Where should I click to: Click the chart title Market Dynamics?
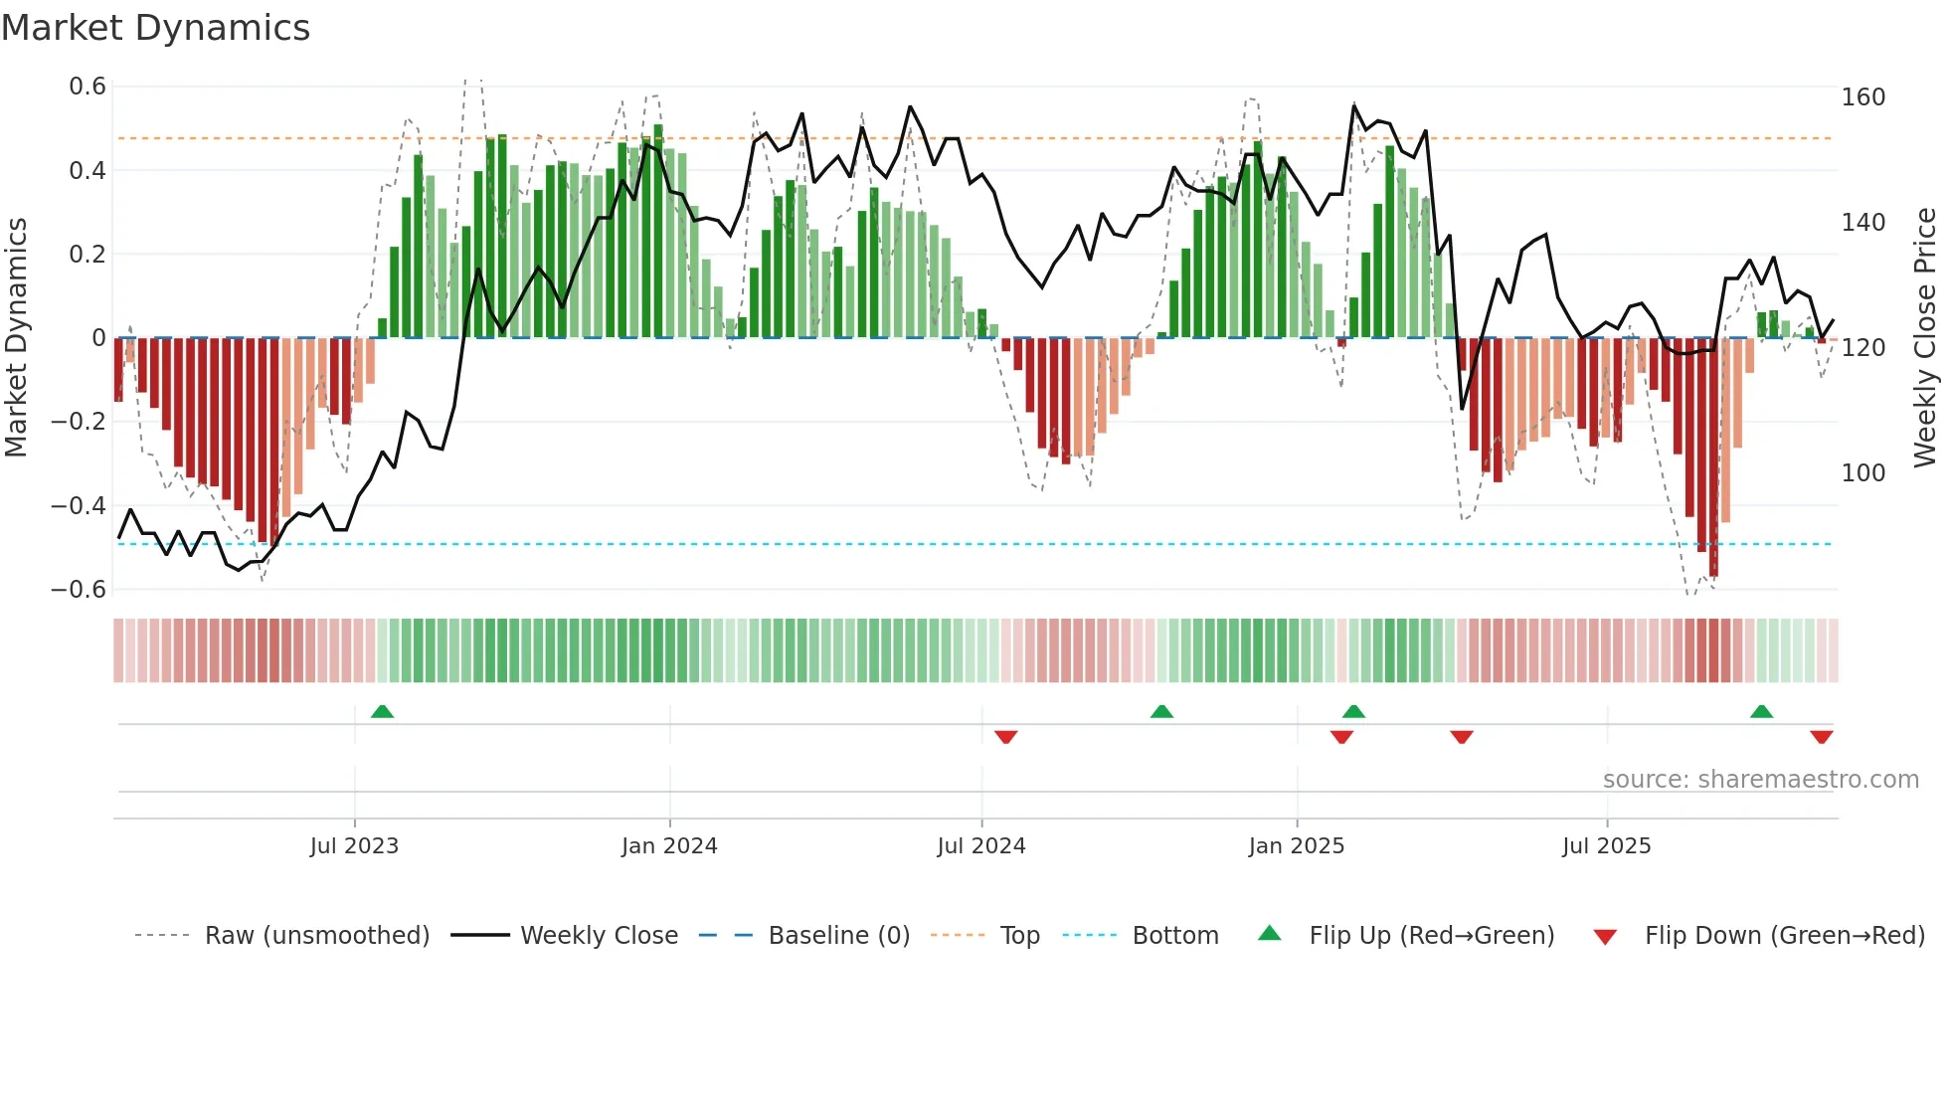(x=155, y=28)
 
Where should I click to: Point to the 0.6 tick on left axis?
(x=88, y=87)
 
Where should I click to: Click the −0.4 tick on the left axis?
(x=79, y=505)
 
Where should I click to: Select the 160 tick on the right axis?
(x=1862, y=97)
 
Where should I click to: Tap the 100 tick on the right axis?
(x=1862, y=473)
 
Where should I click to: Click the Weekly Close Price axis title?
(x=1925, y=337)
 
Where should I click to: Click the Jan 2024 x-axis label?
(x=669, y=846)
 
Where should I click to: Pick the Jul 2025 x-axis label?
(x=1606, y=846)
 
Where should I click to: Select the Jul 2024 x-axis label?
(x=980, y=846)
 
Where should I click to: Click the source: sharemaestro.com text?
(x=1760, y=780)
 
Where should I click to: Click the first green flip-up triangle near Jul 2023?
(x=382, y=711)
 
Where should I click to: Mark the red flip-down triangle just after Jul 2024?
(x=1005, y=737)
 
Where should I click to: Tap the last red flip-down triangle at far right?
(x=1821, y=737)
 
